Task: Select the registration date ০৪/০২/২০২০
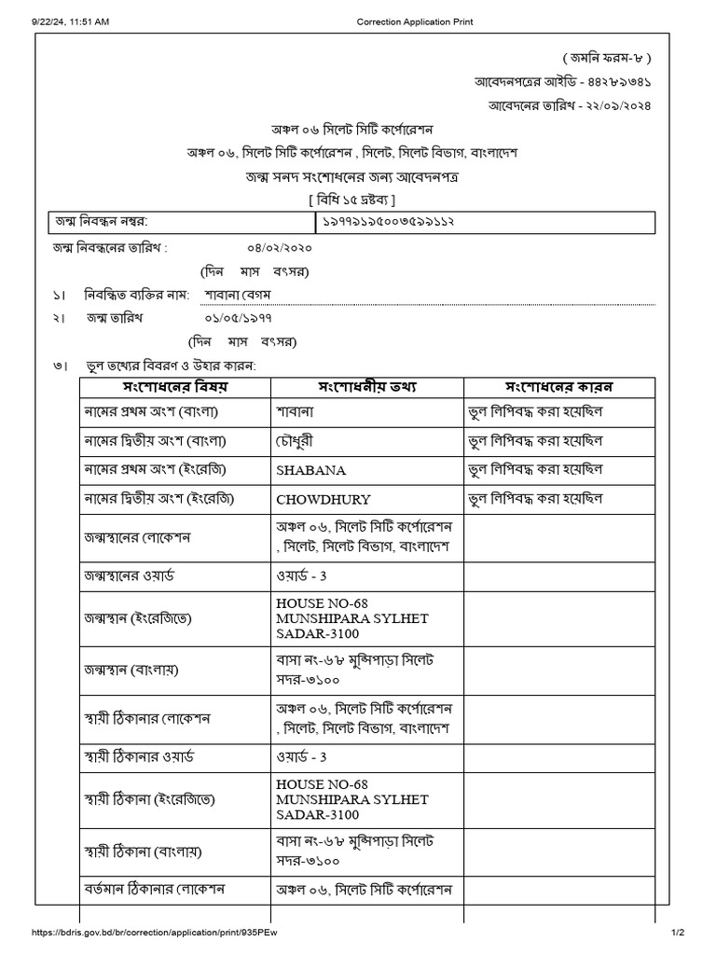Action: coord(280,248)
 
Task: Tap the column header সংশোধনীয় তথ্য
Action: coord(367,386)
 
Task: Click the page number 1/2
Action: coord(678,933)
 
